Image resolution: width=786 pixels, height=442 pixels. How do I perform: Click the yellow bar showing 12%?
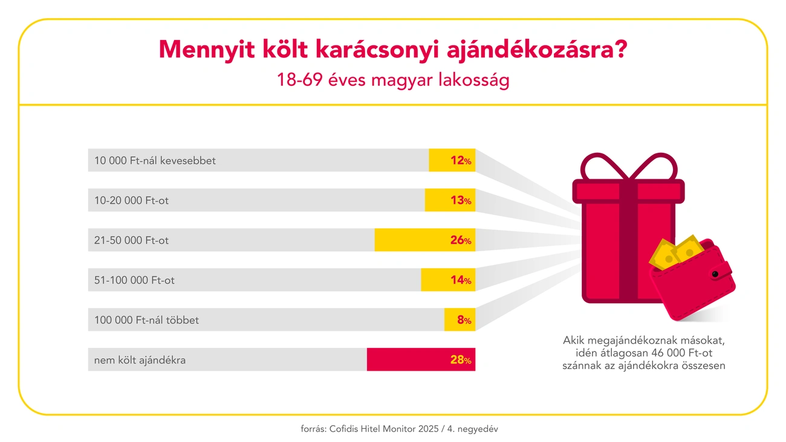pyautogui.click(x=452, y=160)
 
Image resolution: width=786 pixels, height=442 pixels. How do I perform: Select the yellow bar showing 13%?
pyautogui.click(x=450, y=200)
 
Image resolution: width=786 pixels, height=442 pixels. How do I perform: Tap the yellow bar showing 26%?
pyautogui.click(x=424, y=240)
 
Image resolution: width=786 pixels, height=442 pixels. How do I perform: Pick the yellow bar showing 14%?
pyautogui.click(x=448, y=280)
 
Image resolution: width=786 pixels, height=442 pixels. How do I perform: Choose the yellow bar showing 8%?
pyautogui.click(x=460, y=319)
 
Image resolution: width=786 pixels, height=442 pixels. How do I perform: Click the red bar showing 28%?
pyautogui.click(x=421, y=359)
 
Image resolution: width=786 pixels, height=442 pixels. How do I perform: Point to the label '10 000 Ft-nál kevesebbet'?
pyautogui.click(x=155, y=161)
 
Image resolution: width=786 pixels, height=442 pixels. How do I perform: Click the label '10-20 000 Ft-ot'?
pyautogui.click(x=131, y=200)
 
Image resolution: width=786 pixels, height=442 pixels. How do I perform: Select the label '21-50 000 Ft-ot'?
pyautogui.click(x=131, y=240)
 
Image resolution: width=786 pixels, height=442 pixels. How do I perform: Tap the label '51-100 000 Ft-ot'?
pyautogui.click(x=134, y=280)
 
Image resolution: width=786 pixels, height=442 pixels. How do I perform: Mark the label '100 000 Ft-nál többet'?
pyautogui.click(x=146, y=320)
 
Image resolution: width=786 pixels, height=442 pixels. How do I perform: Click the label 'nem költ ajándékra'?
pyautogui.click(x=140, y=360)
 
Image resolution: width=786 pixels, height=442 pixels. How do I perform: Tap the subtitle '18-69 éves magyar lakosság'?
pyautogui.click(x=393, y=80)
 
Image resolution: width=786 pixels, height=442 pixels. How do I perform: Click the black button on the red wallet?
pyautogui.click(x=715, y=274)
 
